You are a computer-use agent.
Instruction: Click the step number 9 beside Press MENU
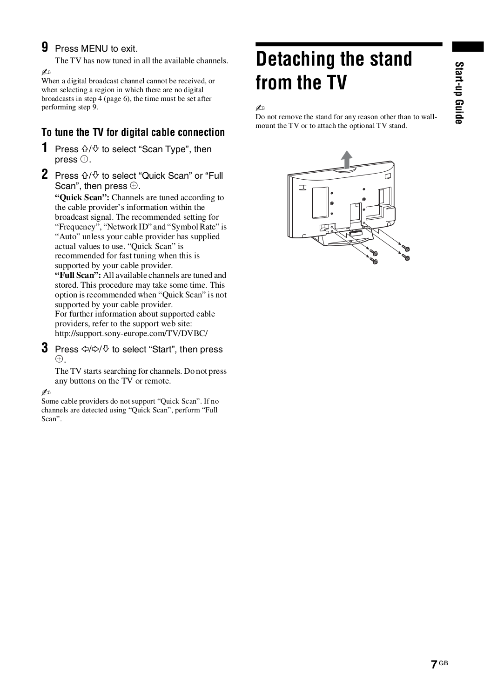point(45,47)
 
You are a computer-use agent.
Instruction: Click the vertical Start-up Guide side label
point(459,93)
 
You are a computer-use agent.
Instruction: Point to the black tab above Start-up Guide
point(467,47)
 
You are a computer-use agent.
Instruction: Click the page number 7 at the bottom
point(433,664)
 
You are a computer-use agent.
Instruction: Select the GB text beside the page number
point(443,662)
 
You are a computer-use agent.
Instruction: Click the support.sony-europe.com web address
point(131,333)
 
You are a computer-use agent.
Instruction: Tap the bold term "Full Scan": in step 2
point(78,275)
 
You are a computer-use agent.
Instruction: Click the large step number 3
point(45,348)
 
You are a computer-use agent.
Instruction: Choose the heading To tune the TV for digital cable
point(133,133)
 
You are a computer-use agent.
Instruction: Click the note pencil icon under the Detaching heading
point(260,108)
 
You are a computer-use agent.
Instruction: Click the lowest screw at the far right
point(407,257)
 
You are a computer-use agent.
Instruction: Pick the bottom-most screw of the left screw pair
point(373,262)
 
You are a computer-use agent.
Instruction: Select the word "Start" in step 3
point(161,350)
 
